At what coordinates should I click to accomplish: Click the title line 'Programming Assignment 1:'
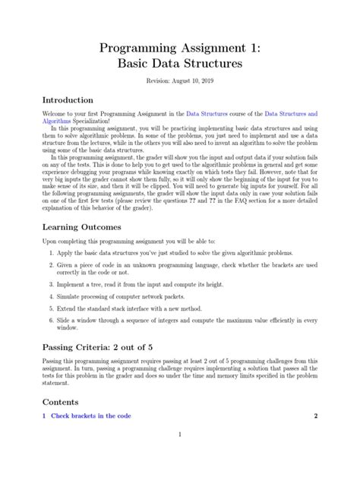(x=180, y=49)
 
